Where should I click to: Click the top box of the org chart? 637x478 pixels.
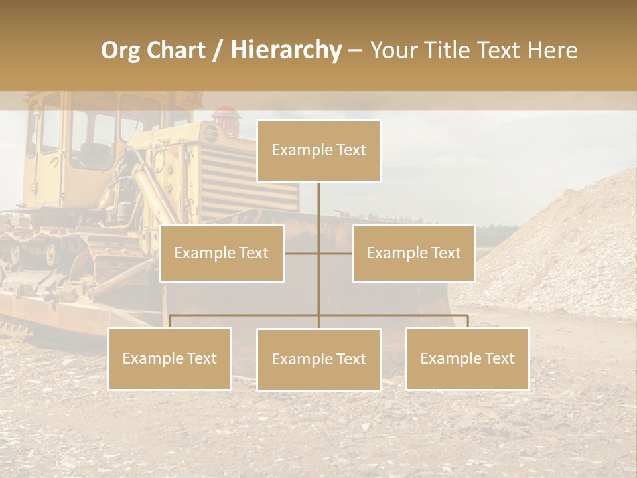coord(318,151)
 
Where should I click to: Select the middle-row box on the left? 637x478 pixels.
coord(222,253)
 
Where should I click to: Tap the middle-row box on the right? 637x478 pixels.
coord(413,253)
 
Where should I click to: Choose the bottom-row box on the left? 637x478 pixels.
coord(170,358)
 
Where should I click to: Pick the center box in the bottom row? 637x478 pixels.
coord(318,359)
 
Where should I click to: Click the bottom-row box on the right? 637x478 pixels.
coord(468,358)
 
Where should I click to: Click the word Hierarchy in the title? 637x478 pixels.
coord(286,50)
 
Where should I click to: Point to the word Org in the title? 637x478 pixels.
coord(120,50)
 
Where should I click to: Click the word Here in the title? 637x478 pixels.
coord(552,50)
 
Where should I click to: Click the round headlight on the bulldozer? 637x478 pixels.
coord(211,133)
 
